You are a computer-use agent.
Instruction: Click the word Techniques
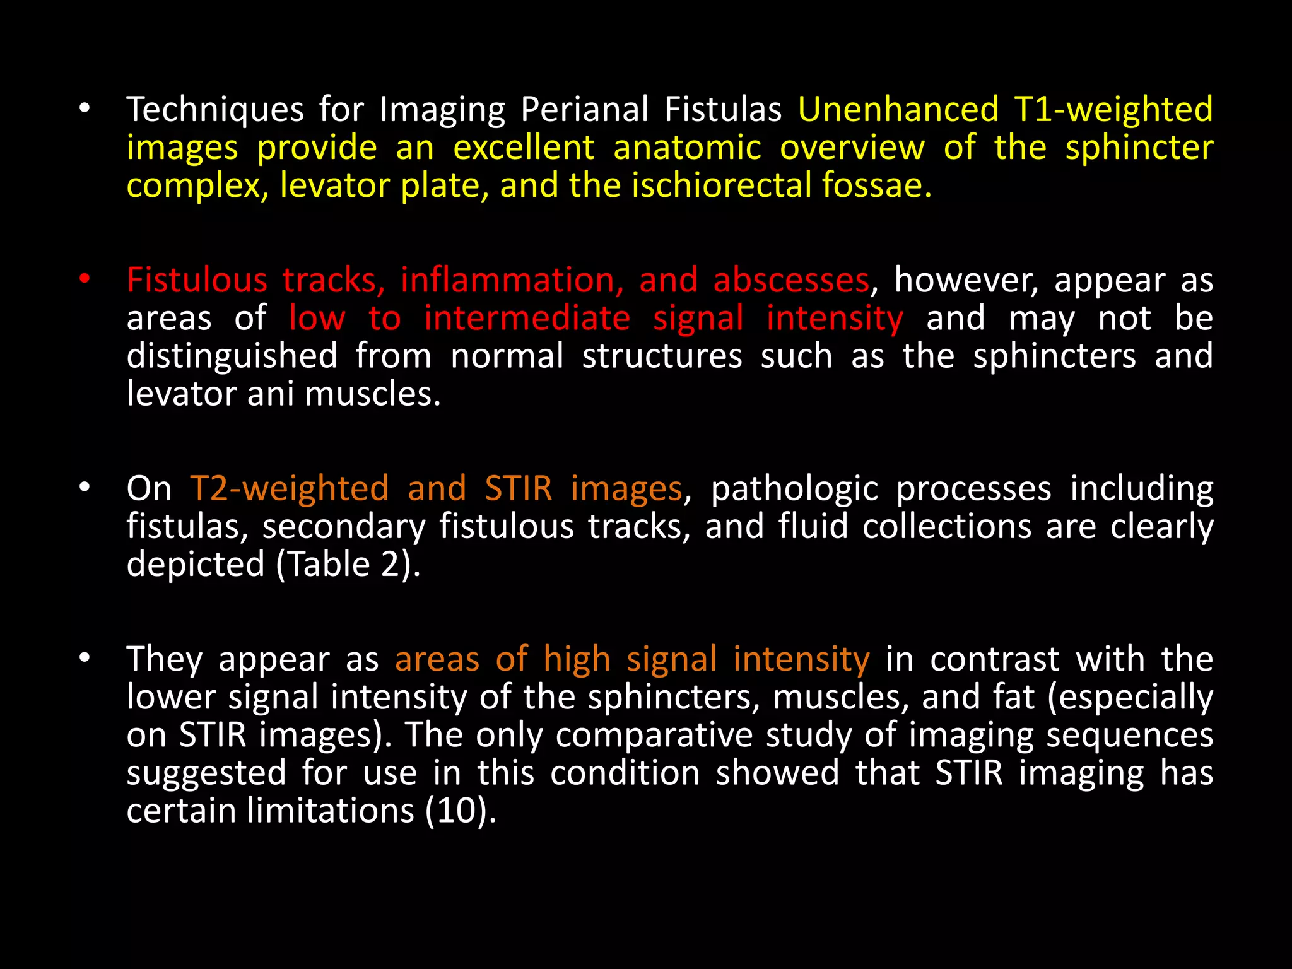(215, 110)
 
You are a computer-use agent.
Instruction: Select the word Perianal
(585, 110)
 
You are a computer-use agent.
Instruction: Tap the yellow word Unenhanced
(898, 109)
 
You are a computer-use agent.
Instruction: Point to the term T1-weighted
(1113, 110)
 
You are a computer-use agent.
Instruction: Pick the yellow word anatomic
(688, 148)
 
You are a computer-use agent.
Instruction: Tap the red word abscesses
(791, 280)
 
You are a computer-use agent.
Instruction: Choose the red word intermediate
(527, 318)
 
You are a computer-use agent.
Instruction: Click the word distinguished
(232, 356)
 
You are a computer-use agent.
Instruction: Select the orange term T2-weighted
(290, 489)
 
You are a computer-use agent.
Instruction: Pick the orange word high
(577, 661)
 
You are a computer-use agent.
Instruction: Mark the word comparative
(654, 736)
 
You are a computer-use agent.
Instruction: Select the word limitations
(330, 811)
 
